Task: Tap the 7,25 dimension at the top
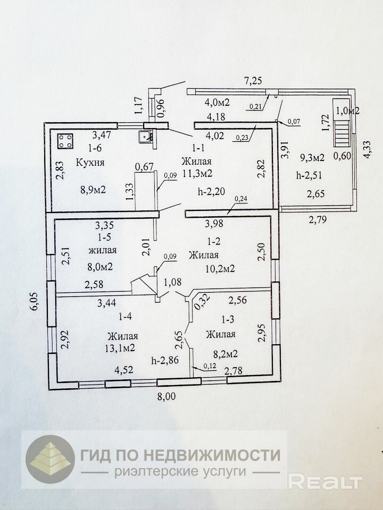click(x=254, y=81)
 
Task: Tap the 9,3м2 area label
click(x=313, y=157)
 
